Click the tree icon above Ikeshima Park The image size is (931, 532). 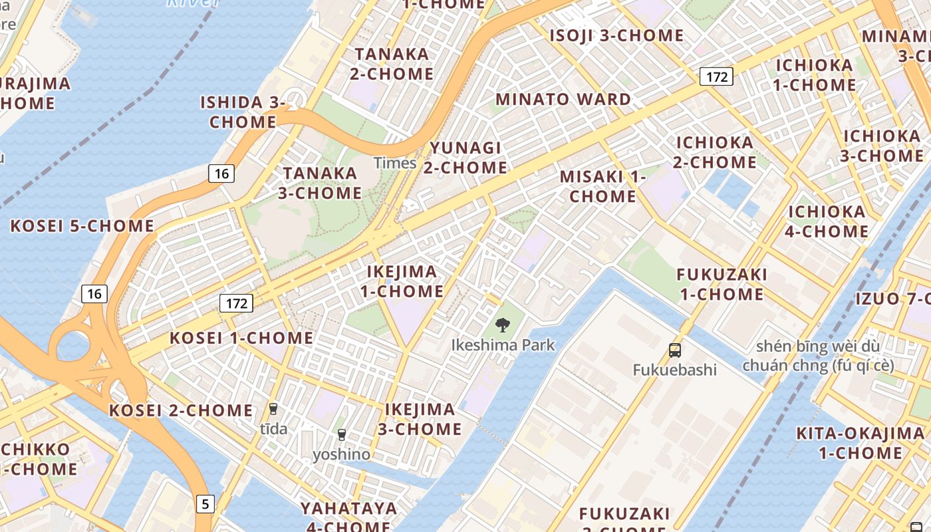503,325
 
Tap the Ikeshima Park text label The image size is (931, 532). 503,345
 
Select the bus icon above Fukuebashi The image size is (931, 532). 675,350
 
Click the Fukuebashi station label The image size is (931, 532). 675,370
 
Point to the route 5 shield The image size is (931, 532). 205,504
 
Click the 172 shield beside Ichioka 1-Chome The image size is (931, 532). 716,76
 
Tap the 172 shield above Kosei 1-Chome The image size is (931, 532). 237,304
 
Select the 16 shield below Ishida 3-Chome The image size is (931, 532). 221,174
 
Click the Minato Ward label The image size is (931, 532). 563,100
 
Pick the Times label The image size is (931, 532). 395,163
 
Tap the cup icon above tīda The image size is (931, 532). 273,408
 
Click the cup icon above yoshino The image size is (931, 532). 342,435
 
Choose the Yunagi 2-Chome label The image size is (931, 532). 465,158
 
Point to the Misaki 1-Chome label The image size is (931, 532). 603,187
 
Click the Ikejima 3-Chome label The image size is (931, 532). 420,419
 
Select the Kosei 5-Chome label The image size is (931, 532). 82,226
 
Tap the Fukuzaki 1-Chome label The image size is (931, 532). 722,284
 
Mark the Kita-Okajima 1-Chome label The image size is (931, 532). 861,444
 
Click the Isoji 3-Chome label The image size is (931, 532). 616,36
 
